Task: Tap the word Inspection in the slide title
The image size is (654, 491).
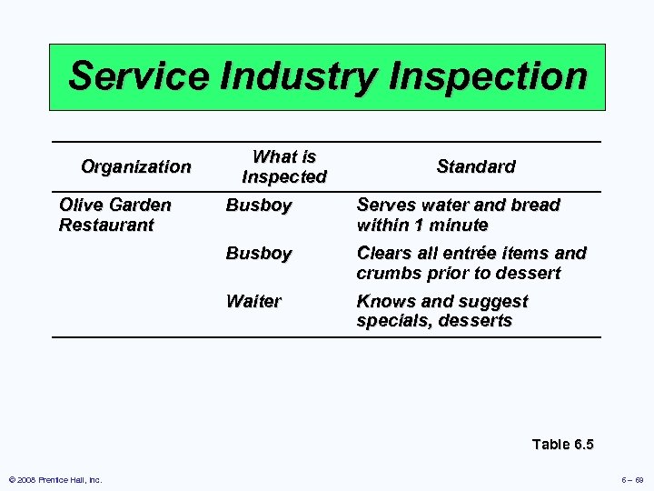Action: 487,76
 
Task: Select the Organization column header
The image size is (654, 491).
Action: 136,166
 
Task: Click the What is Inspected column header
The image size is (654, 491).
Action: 283,166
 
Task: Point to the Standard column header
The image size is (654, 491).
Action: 475,166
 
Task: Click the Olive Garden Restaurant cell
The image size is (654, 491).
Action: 114,215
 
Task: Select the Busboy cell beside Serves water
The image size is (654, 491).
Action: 259,205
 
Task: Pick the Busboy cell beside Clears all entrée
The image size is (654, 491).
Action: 259,253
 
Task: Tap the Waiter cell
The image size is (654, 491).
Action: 253,301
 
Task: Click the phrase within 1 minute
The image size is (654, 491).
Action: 422,225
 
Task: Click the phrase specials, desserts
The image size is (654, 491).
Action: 434,321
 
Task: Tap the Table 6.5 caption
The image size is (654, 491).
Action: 562,444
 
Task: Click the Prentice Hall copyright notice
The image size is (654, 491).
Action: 55,480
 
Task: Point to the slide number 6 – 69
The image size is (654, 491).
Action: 633,480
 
